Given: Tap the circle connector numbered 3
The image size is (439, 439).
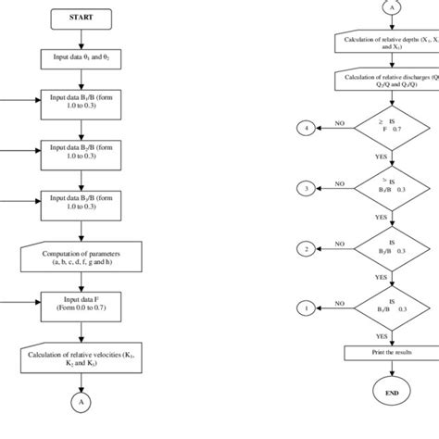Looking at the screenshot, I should click(303, 188).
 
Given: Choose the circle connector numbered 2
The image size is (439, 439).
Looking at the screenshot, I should click(303, 247).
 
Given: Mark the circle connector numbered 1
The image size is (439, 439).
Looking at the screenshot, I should click(303, 307).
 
